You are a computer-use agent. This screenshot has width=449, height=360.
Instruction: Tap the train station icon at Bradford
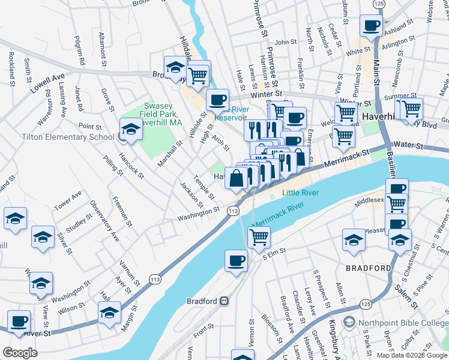click(x=224, y=301)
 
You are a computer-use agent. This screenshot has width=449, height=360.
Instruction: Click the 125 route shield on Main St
click(x=378, y=4)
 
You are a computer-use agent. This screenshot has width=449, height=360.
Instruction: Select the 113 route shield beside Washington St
click(x=234, y=211)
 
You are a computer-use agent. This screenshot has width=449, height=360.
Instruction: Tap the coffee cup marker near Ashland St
click(x=370, y=26)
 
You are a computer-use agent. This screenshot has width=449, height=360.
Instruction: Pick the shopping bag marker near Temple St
click(x=236, y=178)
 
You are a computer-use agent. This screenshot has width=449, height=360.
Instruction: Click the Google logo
click(x=20, y=353)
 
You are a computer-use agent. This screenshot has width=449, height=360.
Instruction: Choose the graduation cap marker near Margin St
click(x=109, y=313)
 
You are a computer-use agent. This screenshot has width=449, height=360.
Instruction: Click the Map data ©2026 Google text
click(x=411, y=355)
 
